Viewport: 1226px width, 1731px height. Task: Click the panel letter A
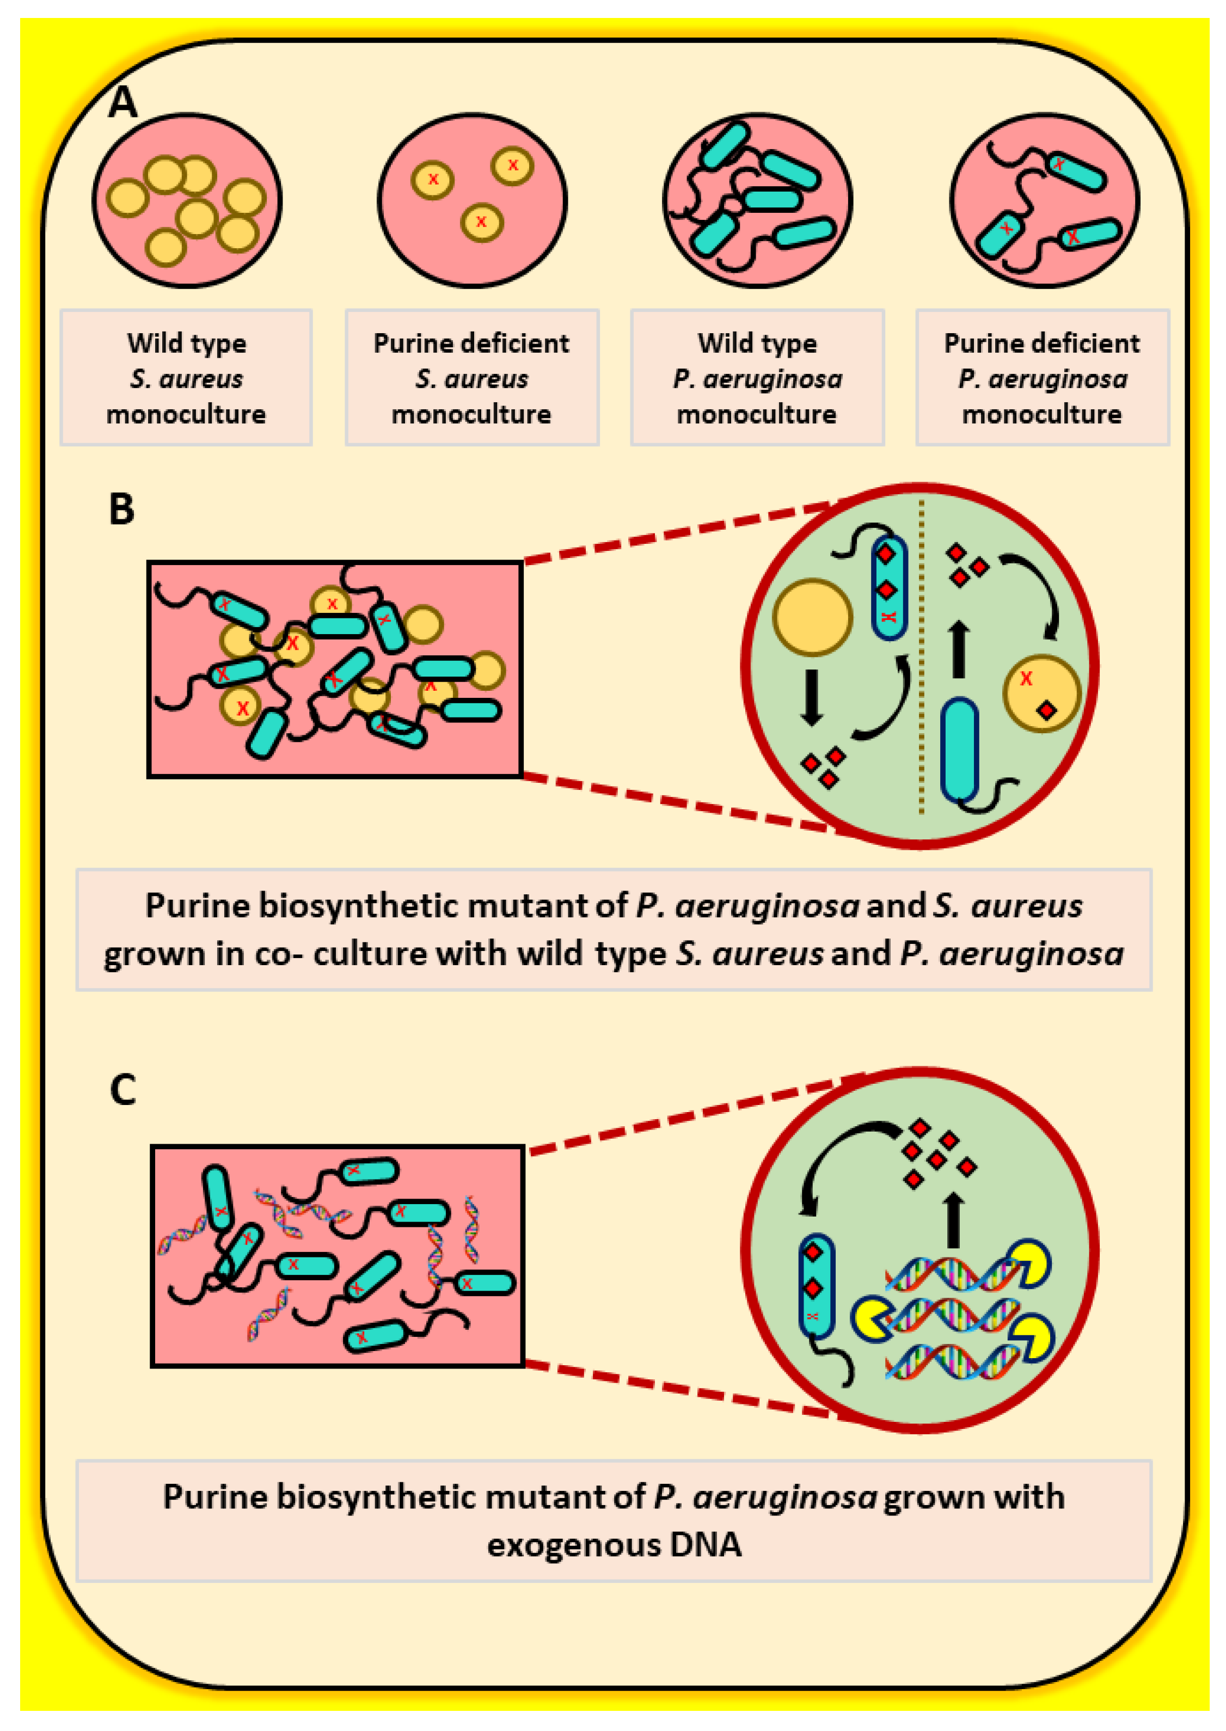122,101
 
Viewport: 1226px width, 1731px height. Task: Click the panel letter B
121,509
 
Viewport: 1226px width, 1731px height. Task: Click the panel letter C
122,1090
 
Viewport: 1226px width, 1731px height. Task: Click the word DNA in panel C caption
705,1544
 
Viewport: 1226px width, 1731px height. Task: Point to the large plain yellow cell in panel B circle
812,617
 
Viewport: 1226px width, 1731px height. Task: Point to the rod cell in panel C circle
816,1285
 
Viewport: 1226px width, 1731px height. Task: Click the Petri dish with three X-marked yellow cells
473,200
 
